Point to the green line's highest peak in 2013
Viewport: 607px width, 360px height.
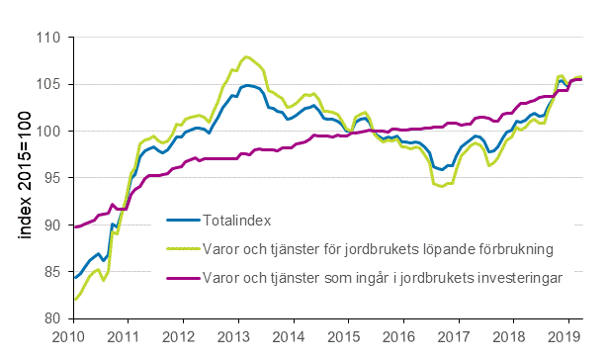click(x=246, y=57)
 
